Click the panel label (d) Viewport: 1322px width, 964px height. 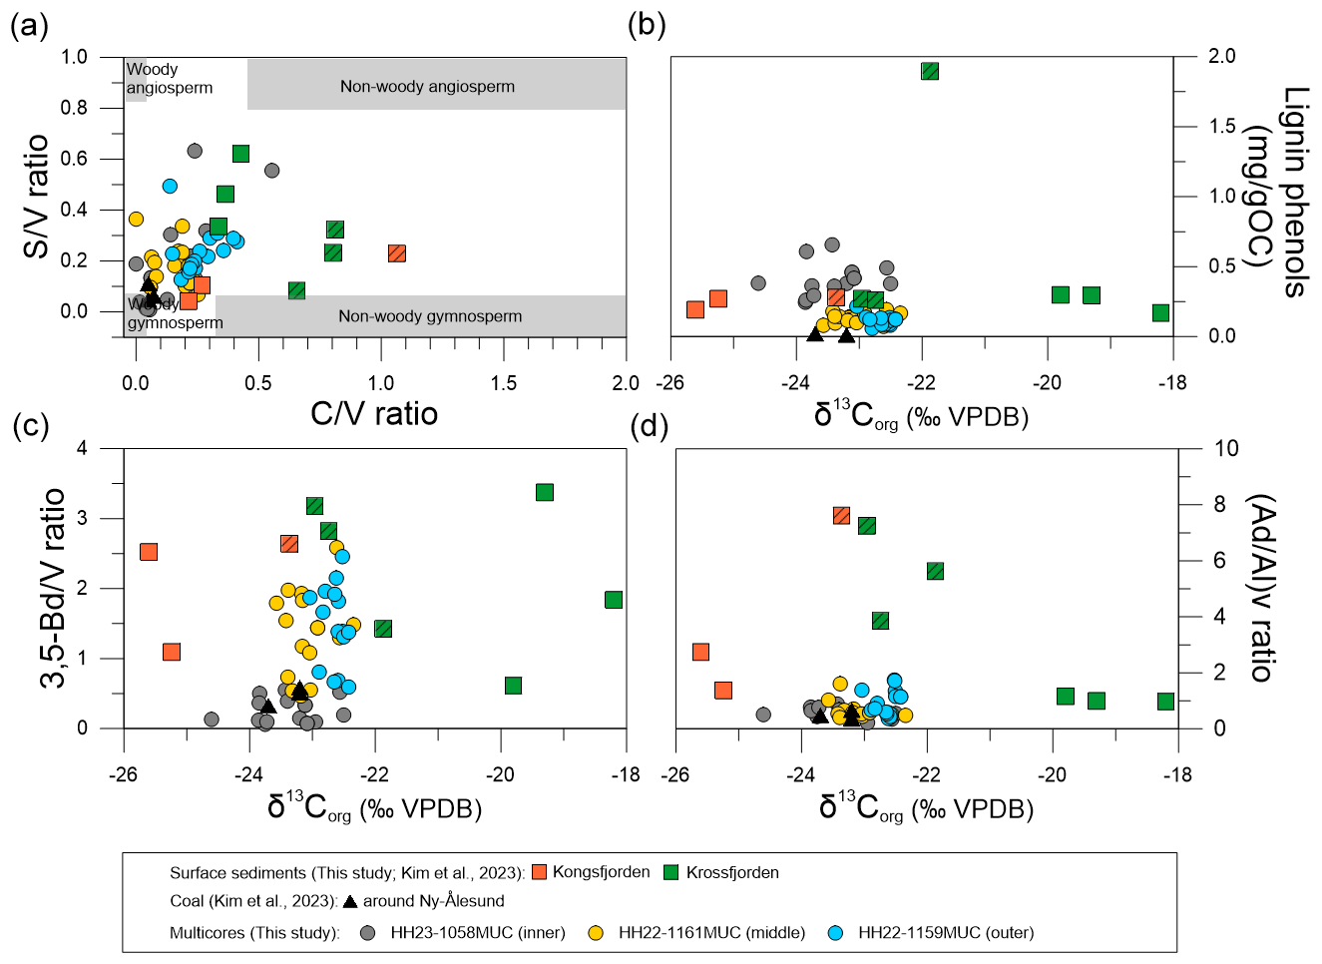(650, 426)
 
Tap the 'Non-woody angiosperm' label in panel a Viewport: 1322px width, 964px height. (427, 87)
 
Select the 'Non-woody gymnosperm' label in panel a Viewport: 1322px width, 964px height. (430, 316)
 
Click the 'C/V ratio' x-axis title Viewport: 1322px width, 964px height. (374, 412)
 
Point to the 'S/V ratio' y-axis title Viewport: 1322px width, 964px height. (37, 197)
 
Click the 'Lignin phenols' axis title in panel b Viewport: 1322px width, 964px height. (1294, 193)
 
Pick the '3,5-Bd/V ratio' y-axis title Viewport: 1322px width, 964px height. (53, 588)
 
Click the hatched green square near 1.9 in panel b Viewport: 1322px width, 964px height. (930, 71)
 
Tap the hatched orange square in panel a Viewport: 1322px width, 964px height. (396, 253)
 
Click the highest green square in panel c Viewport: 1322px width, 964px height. (545, 492)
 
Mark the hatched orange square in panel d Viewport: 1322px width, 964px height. (841, 515)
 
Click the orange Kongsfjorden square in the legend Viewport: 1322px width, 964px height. (540, 873)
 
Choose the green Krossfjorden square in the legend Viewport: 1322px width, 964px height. (671, 873)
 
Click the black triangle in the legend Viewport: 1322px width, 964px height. (350, 901)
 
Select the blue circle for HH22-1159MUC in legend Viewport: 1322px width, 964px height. (836, 933)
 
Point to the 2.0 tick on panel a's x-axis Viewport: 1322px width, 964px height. (626, 383)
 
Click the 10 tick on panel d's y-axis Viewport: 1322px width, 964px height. (1226, 449)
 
